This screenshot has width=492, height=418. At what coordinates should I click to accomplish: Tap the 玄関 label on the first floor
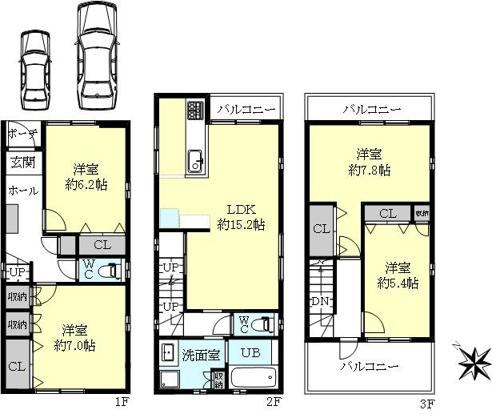coord(22,162)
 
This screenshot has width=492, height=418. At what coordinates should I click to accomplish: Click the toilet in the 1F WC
coord(111,270)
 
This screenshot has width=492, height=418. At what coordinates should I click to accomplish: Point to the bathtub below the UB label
coord(253,377)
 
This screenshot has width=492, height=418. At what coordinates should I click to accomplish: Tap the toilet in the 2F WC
coord(266,324)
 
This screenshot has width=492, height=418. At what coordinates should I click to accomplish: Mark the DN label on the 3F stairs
coord(320,302)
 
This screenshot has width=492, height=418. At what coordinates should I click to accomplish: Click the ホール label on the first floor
coord(22,191)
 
